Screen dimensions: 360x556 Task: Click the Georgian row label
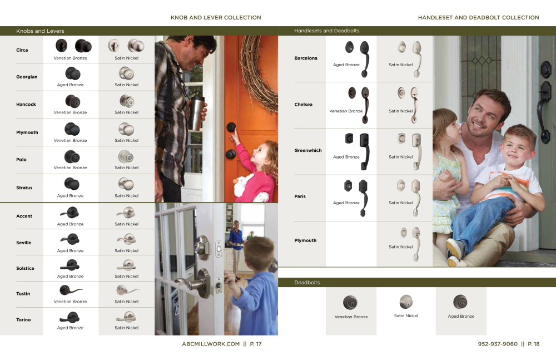27,77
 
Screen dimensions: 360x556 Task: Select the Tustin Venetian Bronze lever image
71,290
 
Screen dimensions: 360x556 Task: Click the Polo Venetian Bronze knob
71,156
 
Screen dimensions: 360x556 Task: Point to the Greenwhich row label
307,150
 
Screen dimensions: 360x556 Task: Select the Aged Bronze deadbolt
460,302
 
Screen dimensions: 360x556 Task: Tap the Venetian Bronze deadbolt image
350,303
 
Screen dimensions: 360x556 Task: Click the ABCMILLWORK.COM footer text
211,344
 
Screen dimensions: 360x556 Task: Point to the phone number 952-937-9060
497,344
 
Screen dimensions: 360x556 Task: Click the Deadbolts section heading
307,283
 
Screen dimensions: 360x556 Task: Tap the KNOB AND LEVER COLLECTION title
216,18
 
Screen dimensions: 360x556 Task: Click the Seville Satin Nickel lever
126,239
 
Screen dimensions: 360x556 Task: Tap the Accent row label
24,216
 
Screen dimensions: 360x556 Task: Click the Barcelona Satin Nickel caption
401,65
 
